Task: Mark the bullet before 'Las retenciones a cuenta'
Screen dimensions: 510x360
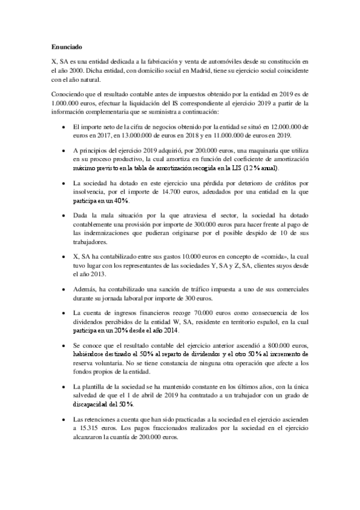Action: click(x=64, y=418)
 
